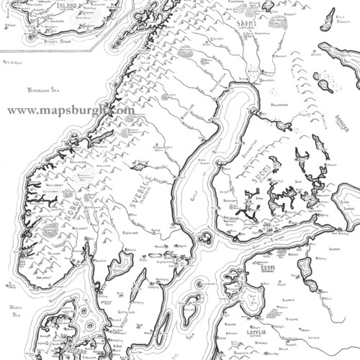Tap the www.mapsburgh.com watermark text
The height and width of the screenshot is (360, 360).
(71, 110)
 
